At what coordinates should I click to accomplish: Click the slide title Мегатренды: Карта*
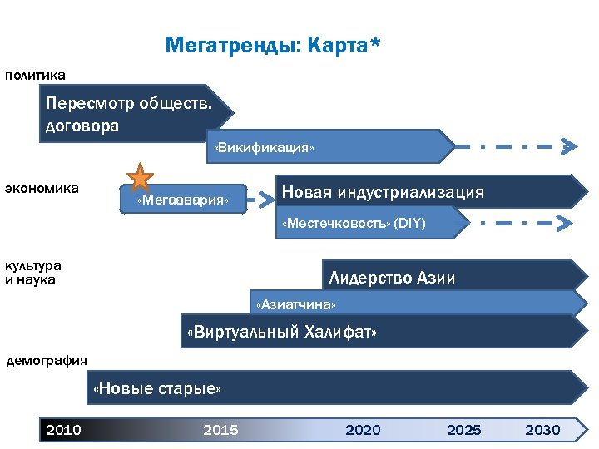[273, 44]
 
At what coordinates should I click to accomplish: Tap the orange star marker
[140, 177]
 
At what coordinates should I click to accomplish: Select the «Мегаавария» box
[183, 200]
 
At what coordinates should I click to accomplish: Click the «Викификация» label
[265, 148]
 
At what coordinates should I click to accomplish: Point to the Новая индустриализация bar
[383, 192]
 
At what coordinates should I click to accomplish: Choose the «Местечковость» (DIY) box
[354, 223]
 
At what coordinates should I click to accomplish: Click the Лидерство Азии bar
[392, 278]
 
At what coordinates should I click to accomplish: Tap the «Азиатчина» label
[296, 304]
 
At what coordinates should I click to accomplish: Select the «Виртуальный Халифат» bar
[283, 333]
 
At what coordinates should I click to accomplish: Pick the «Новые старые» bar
[158, 388]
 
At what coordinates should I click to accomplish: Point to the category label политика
[35, 76]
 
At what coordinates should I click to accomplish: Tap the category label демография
[47, 360]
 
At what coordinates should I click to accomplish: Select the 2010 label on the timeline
[63, 430]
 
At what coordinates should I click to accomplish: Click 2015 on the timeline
[220, 430]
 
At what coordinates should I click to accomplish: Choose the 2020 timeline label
[363, 430]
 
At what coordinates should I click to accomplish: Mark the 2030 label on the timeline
[542, 430]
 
